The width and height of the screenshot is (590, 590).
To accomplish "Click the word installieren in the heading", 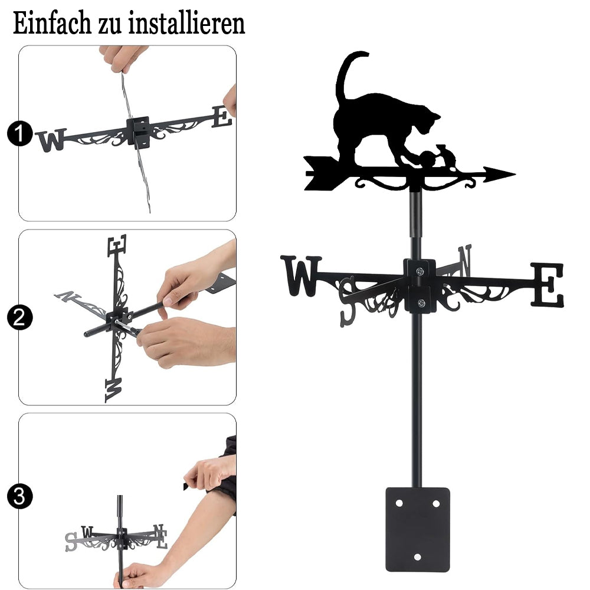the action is (186, 24).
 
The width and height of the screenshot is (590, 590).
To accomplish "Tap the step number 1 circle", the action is (20, 133).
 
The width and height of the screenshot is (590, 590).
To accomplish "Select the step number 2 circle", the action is (20, 317).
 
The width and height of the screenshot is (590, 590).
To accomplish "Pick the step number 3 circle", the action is (20, 496).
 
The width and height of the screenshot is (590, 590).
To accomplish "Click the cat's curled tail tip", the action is (365, 54).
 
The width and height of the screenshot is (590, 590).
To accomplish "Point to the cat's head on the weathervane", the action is (428, 120).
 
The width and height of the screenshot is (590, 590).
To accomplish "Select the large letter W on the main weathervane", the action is (301, 276).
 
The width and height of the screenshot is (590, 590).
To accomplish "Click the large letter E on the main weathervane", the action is (548, 284).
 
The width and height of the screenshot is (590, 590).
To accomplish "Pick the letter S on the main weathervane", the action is (348, 301).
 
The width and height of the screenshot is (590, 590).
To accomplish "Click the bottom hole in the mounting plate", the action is (417, 557).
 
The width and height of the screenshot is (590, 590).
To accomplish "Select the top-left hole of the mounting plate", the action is (399, 503).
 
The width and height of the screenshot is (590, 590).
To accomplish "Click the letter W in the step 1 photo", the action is (51, 140).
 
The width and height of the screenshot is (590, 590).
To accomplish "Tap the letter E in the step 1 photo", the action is (222, 117).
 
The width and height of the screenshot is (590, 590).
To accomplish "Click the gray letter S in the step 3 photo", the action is (71, 542).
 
